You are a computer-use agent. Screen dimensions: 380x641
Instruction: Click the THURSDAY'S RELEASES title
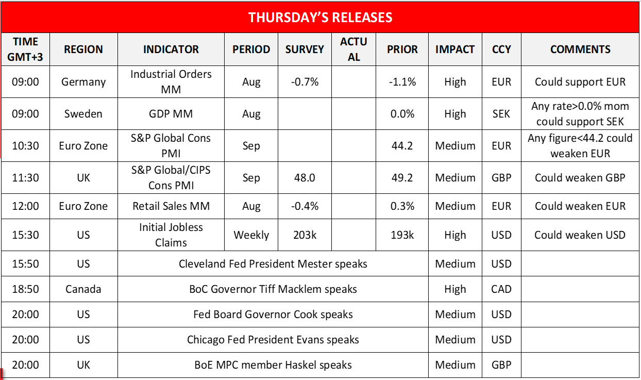tap(320, 18)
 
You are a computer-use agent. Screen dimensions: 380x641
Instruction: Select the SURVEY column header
tap(305, 49)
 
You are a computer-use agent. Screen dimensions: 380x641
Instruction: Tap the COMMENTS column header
tap(580, 49)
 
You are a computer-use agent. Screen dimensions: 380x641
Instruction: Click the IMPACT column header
tap(455, 49)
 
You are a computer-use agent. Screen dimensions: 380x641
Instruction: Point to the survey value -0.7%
tap(305, 82)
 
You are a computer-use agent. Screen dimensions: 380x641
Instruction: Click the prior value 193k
tap(402, 235)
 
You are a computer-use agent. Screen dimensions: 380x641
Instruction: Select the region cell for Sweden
tap(83, 114)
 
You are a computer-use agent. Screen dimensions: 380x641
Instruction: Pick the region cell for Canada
tap(83, 289)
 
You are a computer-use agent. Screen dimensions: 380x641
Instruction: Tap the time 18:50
tap(26, 289)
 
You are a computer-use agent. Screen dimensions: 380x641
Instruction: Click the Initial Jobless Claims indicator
tap(171, 235)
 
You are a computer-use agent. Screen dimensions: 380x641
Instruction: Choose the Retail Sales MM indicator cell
tap(171, 206)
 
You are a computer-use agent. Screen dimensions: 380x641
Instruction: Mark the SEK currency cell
tap(501, 114)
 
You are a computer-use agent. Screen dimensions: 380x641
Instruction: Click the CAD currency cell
tap(501, 289)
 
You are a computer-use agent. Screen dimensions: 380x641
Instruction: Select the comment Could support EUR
tap(580, 82)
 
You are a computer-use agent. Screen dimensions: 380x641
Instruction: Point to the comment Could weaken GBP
tap(580, 178)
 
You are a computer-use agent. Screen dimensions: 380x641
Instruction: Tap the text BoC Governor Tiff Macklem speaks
tap(273, 289)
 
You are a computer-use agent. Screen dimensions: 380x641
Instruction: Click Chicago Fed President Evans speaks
tap(273, 340)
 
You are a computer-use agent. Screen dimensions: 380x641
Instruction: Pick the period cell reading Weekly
tap(251, 235)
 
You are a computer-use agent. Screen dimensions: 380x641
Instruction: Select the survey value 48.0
tap(305, 178)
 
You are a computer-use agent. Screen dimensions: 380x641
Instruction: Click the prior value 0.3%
tap(402, 206)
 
